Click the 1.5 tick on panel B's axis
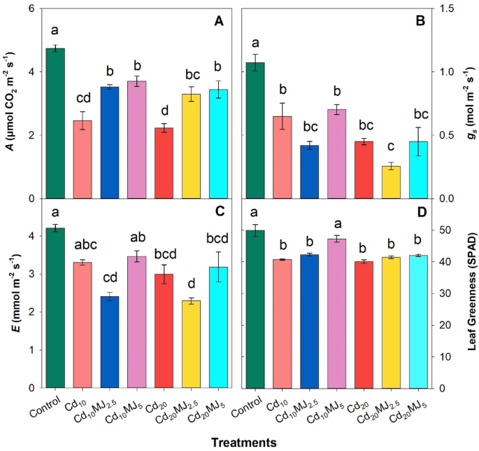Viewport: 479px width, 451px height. pyautogui.click(x=445, y=8)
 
